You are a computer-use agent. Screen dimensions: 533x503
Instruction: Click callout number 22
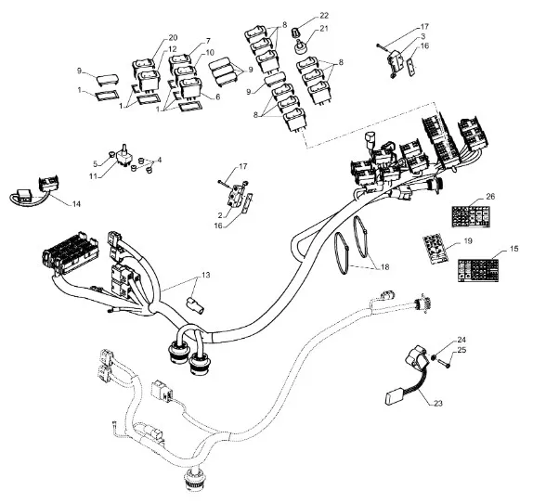(324, 16)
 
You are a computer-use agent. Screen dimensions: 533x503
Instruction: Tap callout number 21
(323, 28)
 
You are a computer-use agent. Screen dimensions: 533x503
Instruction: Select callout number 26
(490, 197)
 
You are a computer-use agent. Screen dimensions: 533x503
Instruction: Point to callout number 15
(514, 249)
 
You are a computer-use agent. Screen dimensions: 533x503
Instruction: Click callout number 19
(468, 241)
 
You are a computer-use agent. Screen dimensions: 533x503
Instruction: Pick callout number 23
(438, 404)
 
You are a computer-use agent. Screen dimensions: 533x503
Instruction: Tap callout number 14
(76, 204)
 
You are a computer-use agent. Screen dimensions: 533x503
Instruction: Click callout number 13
(205, 275)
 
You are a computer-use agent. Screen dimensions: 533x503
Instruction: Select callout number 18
(384, 267)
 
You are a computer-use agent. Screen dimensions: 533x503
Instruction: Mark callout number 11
(94, 177)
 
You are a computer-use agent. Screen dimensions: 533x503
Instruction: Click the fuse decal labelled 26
(471, 216)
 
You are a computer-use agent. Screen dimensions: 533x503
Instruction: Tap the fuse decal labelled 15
(478, 270)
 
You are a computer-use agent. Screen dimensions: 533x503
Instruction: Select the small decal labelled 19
(435, 249)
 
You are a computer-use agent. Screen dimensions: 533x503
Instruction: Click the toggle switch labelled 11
(123, 157)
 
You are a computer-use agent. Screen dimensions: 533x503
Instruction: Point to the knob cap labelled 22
(295, 32)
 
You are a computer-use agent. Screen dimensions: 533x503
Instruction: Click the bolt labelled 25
(444, 363)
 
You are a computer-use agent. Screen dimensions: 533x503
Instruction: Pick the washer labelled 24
(434, 357)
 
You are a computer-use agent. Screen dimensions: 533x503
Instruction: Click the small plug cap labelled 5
(110, 155)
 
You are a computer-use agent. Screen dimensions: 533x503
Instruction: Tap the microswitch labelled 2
(235, 196)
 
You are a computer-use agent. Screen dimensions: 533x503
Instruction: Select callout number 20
(173, 38)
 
